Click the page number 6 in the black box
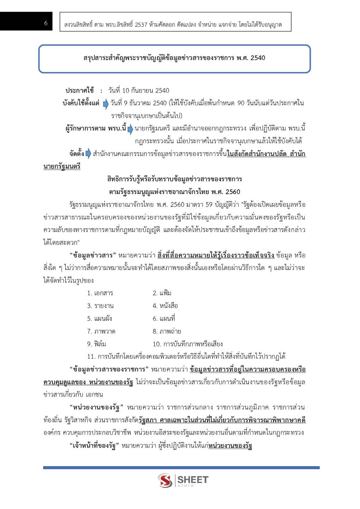(46, 23)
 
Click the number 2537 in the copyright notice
(141, 24)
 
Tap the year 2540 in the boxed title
(258, 58)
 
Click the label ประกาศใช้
(80, 90)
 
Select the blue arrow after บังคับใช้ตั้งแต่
(106, 104)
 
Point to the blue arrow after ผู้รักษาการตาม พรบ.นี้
(130, 129)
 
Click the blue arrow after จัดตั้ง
(88, 154)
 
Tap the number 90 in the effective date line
(241, 103)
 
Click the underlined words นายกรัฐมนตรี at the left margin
(62, 166)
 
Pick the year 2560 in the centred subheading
(233, 192)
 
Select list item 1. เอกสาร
(100, 293)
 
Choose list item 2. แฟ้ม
(162, 293)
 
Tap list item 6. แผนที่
(164, 319)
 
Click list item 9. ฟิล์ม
(96, 344)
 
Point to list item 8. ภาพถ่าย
(167, 331)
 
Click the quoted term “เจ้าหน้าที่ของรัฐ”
(94, 446)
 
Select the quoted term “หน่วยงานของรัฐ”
(96, 408)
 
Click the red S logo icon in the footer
(165, 481)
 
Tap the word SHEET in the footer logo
(193, 480)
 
